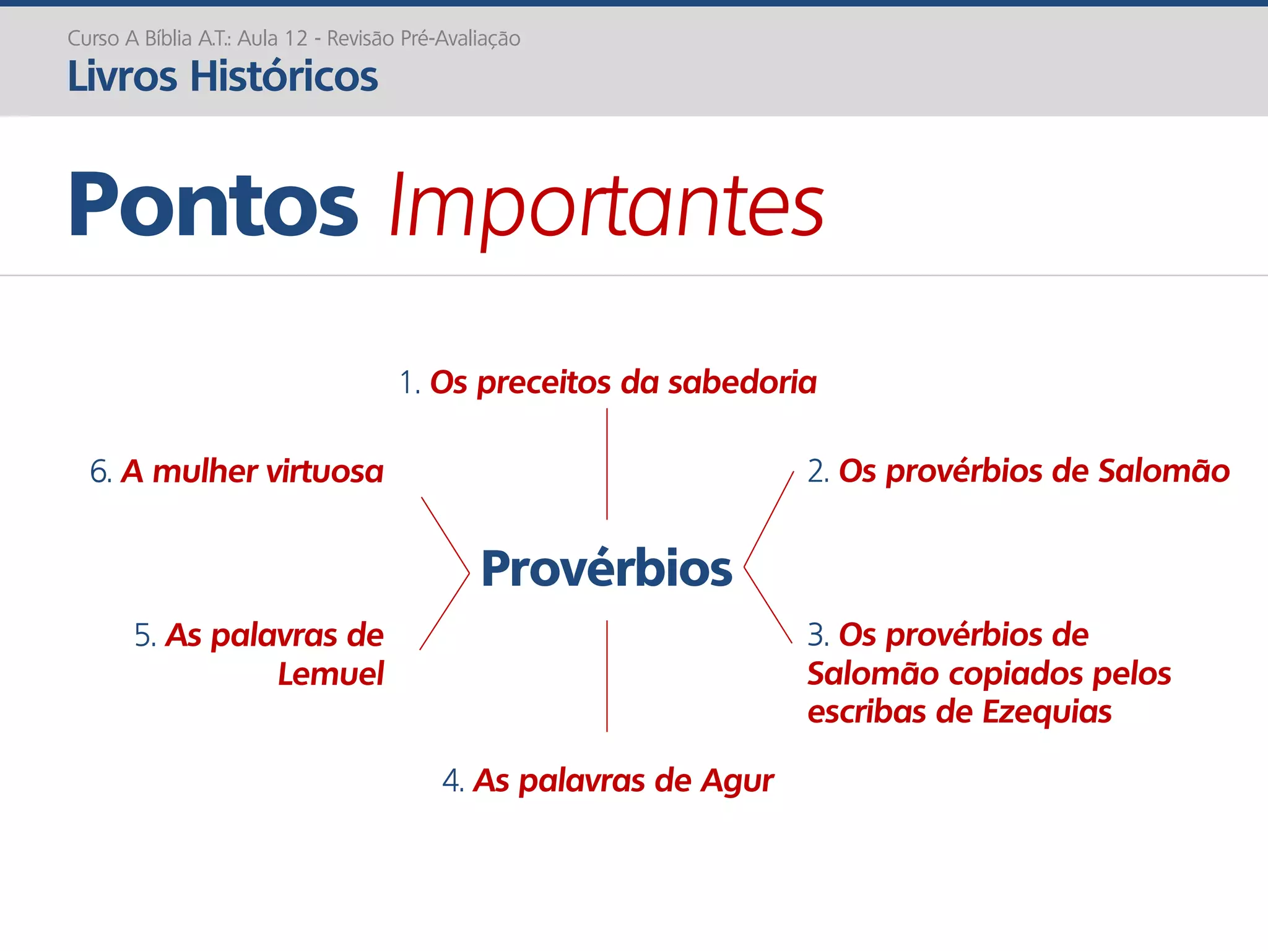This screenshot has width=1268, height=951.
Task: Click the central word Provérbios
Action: tap(606, 568)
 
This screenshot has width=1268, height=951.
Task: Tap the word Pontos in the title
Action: tap(213, 204)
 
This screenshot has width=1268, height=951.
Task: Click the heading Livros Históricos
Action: tap(222, 76)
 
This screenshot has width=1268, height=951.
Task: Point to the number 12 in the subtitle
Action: tap(296, 38)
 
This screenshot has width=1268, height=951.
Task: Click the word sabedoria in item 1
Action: tap(742, 382)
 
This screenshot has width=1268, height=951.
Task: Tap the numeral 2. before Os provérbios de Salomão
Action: tap(818, 471)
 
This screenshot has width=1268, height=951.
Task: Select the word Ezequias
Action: tap(1046, 711)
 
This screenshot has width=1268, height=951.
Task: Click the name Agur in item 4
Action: tap(737, 781)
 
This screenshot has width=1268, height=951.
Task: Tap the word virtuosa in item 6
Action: tap(324, 472)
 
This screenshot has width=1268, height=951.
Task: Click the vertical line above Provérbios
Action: tap(607, 464)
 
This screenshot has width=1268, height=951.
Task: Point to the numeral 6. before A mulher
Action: tap(101, 472)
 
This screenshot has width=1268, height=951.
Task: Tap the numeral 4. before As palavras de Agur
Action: tap(453, 781)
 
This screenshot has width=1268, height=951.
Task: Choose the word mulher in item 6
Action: tap(205, 472)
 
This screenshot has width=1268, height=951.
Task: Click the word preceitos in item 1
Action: tap(544, 383)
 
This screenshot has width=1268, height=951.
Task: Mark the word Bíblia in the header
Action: tap(168, 38)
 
